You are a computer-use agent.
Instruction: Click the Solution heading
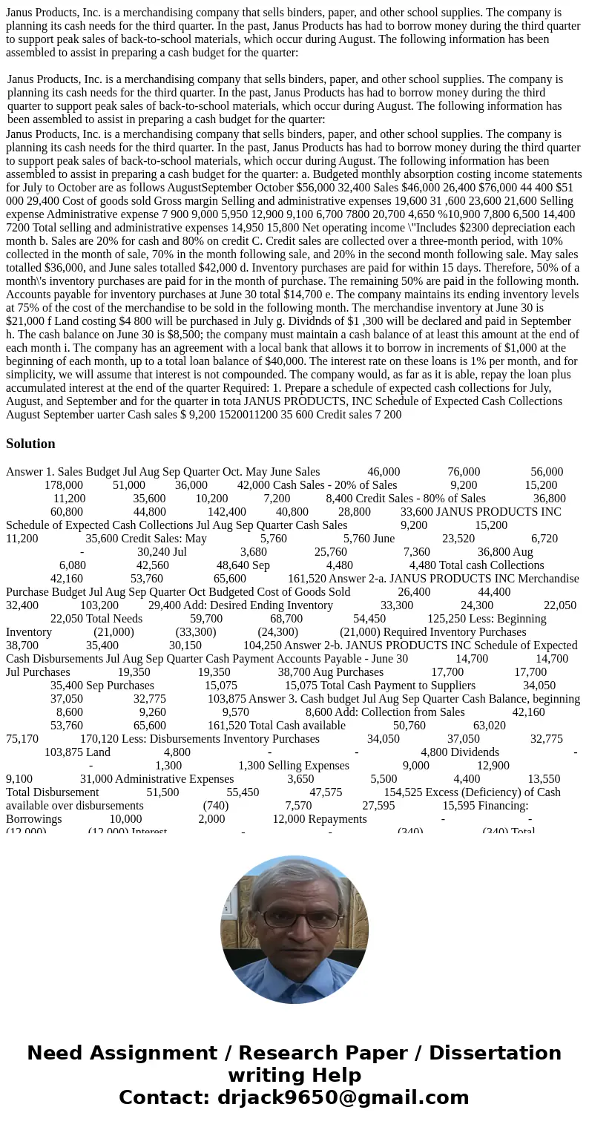coord(30,444)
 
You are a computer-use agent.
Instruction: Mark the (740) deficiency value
coord(216,806)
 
